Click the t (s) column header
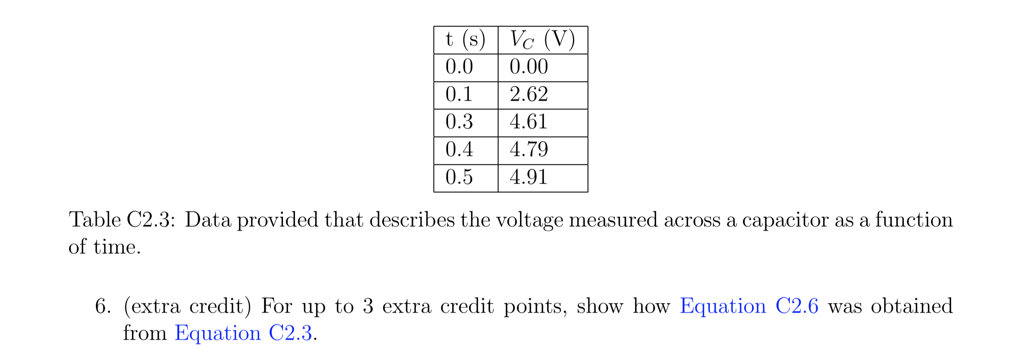click(465, 40)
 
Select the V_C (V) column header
click(542, 40)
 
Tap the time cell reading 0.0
click(459, 67)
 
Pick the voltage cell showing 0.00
click(529, 67)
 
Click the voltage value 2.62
click(529, 95)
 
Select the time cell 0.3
click(459, 122)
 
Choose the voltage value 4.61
click(529, 122)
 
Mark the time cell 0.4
click(459, 150)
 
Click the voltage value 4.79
click(529, 150)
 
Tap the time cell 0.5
click(459, 178)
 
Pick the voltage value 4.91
click(529, 178)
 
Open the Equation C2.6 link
click(749, 307)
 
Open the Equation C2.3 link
click(243, 334)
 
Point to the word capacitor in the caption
click(785, 221)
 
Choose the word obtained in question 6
click(911, 307)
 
